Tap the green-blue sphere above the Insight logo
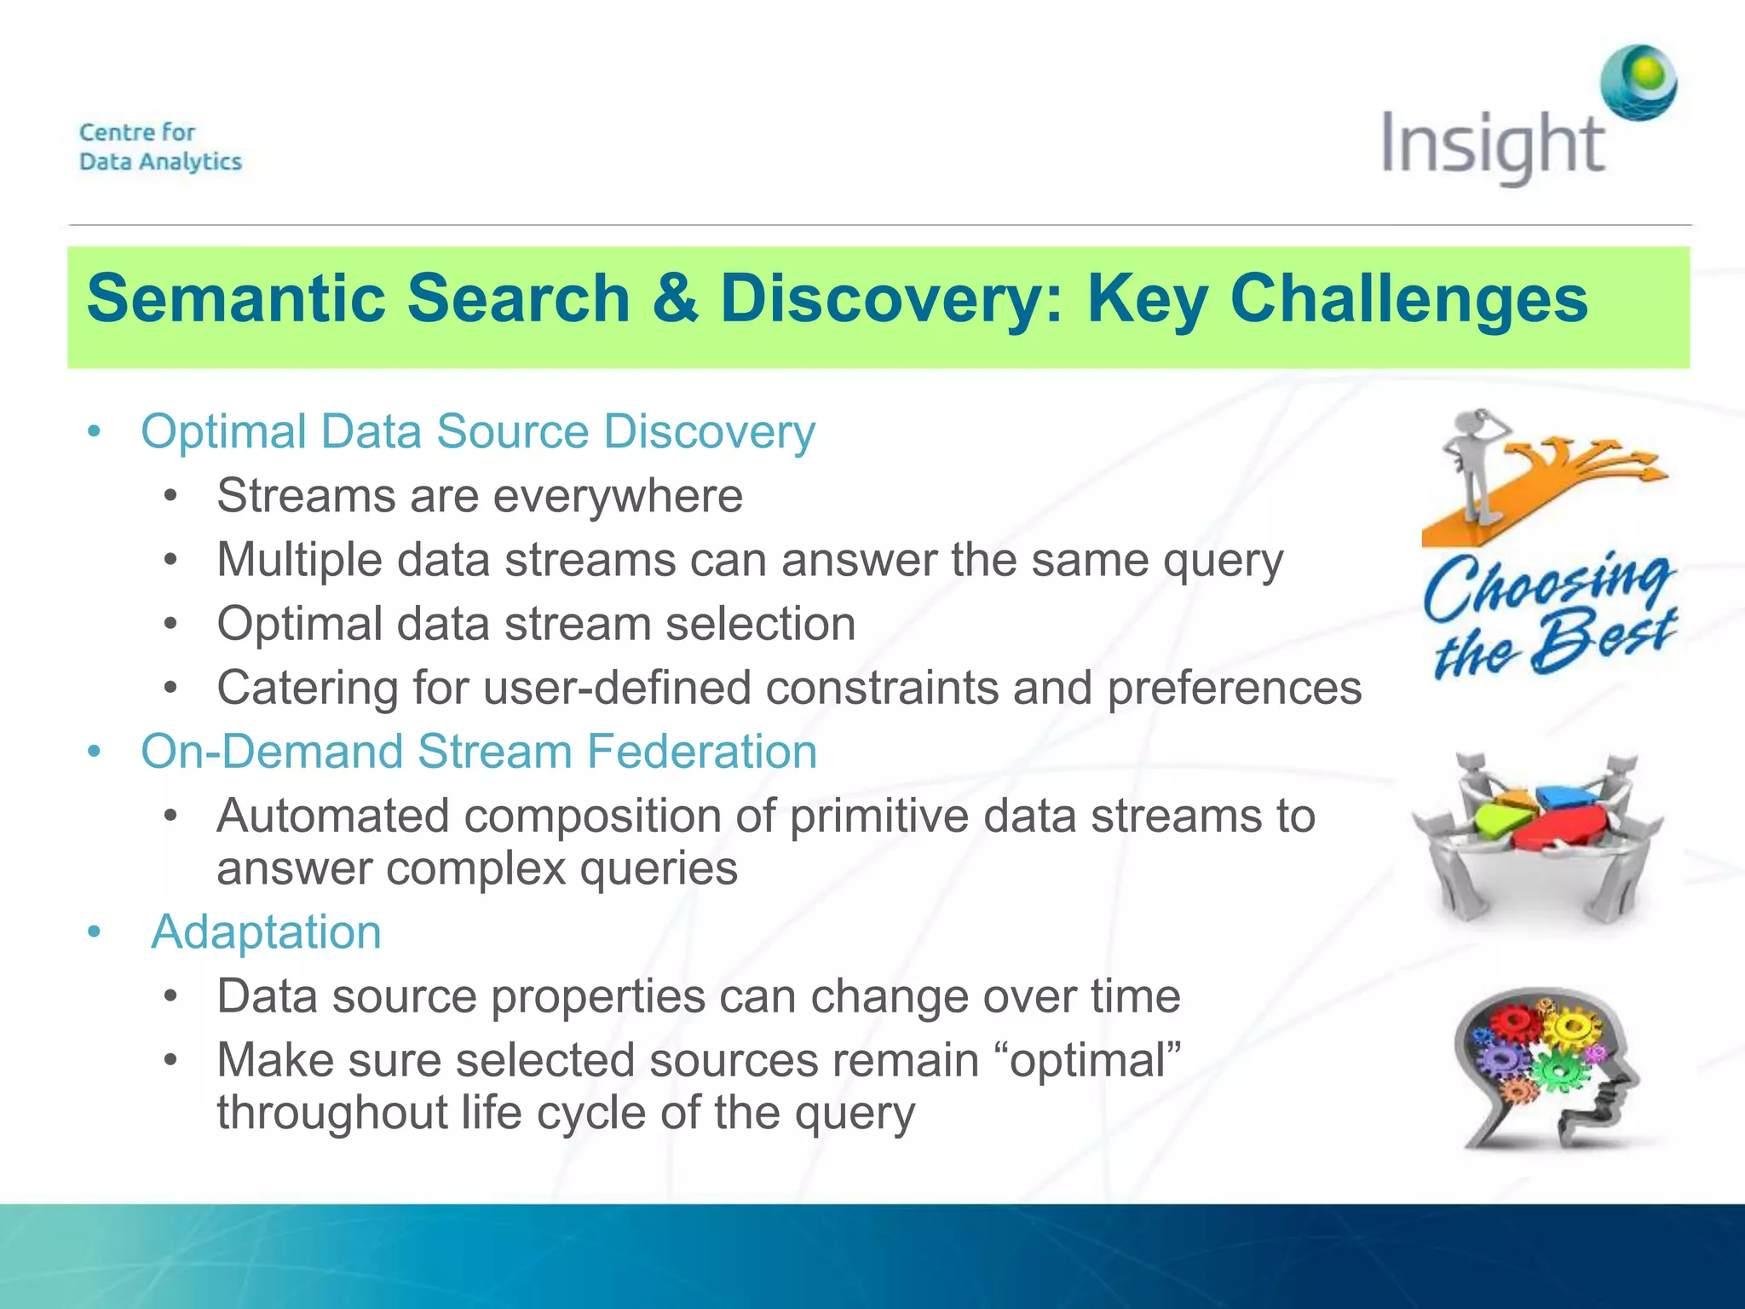pyautogui.click(x=1638, y=83)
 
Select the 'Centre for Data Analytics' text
pyautogui.click(x=160, y=147)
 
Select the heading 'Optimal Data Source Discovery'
pyautogui.click(x=478, y=431)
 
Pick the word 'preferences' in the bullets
pyautogui.click(x=1234, y=688)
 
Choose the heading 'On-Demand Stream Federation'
pyautogui.click(x=479, y=752)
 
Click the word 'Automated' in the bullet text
pyautogui.click(x=333, y=816)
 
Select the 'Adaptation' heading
pyautogui.click(x=266, y=931)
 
